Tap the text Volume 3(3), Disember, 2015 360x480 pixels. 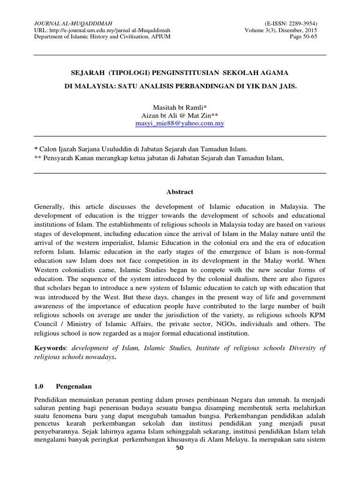[x=281, y=30]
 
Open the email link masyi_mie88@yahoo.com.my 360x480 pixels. [x=180, y=124]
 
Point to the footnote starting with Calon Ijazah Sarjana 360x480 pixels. [x=142, y=149]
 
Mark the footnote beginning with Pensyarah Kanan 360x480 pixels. [x=159, y=158]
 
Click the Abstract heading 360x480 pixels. [x=180, y=192]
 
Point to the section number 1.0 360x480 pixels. [x=39, y=387]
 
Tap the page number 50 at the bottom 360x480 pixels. [x=180, y=474]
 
